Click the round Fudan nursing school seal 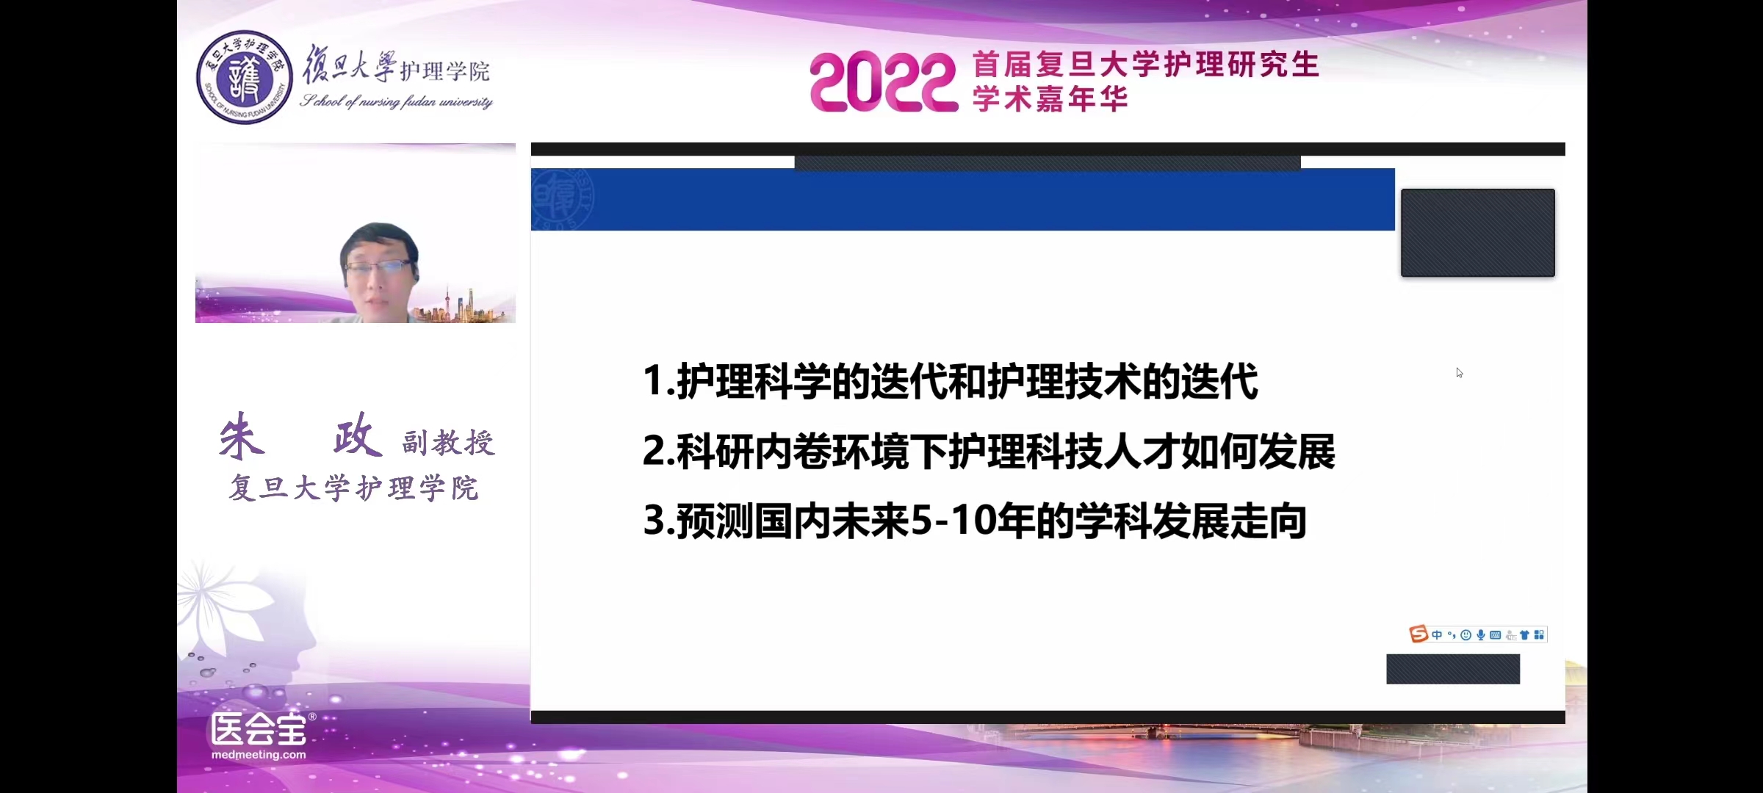pyautogui.click(x=245, y=77)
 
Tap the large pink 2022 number pyautogui.click(x=884, y=82)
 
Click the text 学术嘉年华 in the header pyautogui.click(x=1050, y=99)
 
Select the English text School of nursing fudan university pyautogui.click(x=396, y=101)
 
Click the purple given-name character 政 pyautogui.click(x=358, y=435)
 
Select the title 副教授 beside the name pyautogui.click(x=449, y=443)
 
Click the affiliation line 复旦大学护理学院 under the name pyautogui.click(x=354, y=488)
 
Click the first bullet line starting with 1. pyautogui.click(x=950, y=382)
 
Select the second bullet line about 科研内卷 pyautogui.click(x=989, y=452)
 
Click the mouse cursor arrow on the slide pyautogui.click(x=1459, y=372)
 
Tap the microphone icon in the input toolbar pyautogui.click(x=1481, y=635)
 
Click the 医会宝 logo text pyautogui.click(x=259, y=729)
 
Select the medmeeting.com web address pyautogui.click(x=259, y=755)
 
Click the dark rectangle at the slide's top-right pyautogui.click(x=1477, y=233)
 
